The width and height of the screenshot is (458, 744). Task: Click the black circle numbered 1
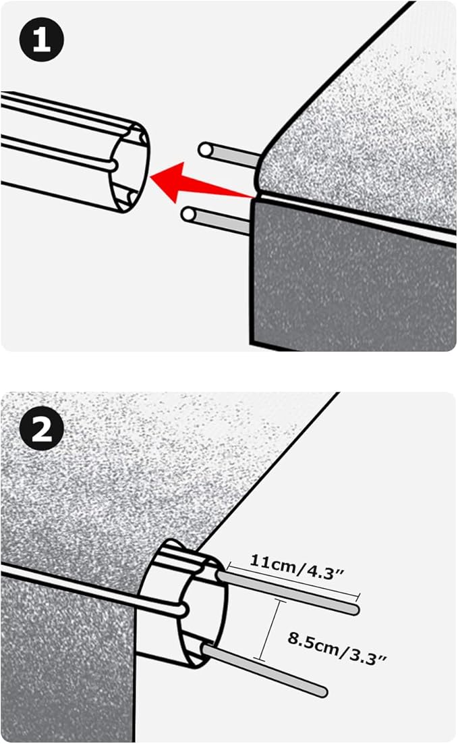tap(42, 40)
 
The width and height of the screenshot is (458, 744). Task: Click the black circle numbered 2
tap(42, 431)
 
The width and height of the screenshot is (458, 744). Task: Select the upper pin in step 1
tap(229, 154)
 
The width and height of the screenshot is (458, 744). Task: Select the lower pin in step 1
tap(219, 221)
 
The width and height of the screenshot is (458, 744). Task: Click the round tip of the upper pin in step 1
tap(204, 149)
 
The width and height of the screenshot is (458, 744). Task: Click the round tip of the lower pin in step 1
tap(189, 215)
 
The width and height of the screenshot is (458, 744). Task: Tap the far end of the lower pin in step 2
tap(323, 691)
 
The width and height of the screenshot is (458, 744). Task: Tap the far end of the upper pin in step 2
tap(353, 610)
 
